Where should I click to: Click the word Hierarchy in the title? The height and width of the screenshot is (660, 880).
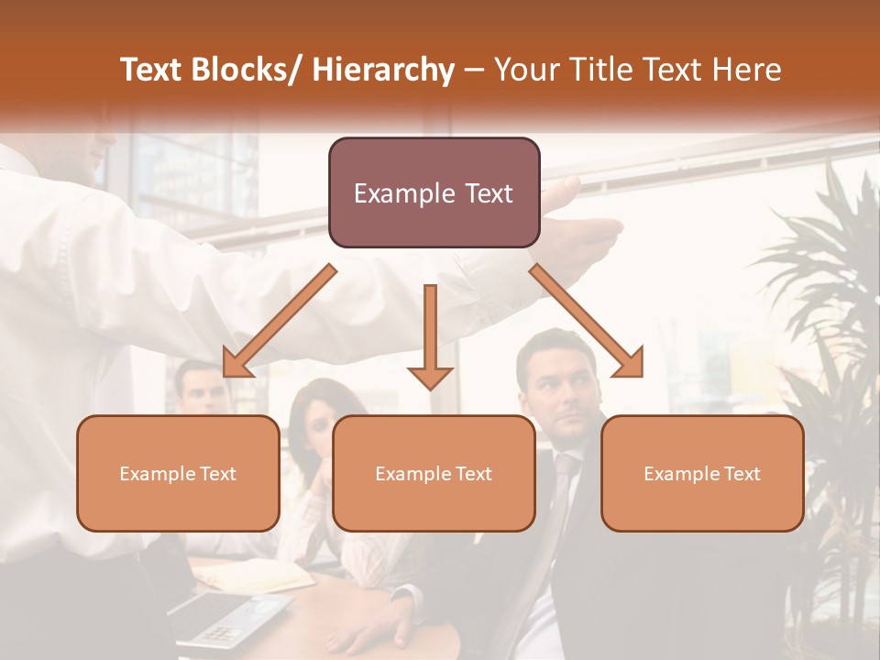(x=383, y=70)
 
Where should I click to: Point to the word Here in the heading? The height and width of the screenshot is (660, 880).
(x=747, y=70)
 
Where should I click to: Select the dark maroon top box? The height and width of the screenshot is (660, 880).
(x=434, y=192)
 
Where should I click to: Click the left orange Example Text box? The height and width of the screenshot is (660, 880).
(x=178, y=473)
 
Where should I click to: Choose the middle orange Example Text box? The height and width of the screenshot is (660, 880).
(x=434, y=473)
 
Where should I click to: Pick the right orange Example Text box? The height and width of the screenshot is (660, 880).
(x=702, y=473)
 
